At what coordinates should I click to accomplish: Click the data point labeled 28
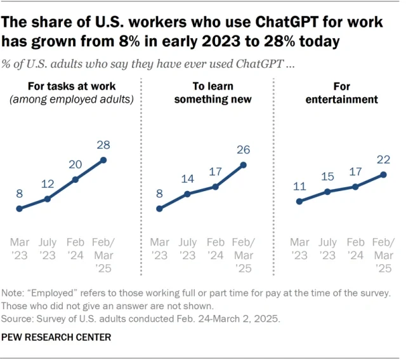104,160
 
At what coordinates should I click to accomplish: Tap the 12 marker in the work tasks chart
48,199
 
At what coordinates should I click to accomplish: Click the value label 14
188,178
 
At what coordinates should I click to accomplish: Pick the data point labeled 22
384,174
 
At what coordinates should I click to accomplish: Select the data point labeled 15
327,191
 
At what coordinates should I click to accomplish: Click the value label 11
299,187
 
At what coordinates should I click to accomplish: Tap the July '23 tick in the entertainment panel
327,249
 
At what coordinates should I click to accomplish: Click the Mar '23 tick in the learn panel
160,249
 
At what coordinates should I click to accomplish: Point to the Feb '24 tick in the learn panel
216,249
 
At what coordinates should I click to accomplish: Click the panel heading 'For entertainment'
341,93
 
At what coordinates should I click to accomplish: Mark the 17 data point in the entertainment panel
355,187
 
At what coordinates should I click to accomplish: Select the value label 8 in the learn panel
160,192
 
